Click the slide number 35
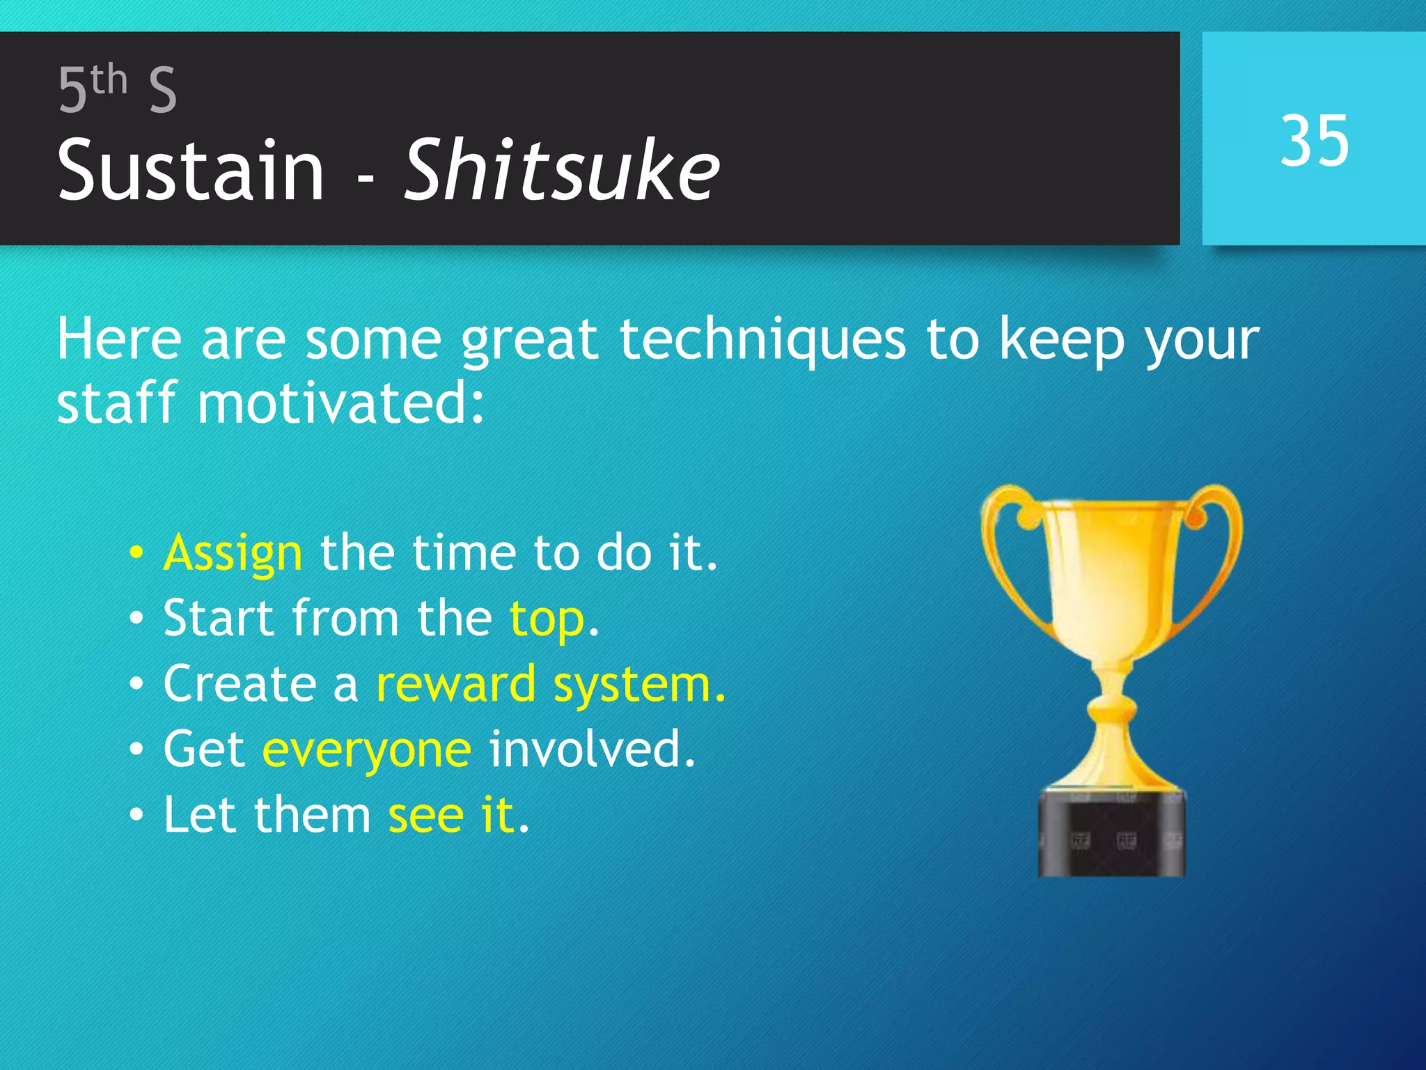point(1315,141)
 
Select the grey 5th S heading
point(117,89)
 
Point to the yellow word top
point(547,619)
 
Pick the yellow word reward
point(455,684)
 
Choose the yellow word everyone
point(367,750)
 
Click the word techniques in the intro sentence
point(762,340)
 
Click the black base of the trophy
point(1111,836)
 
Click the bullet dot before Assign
point(136,553)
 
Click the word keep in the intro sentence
point(1061,340)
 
